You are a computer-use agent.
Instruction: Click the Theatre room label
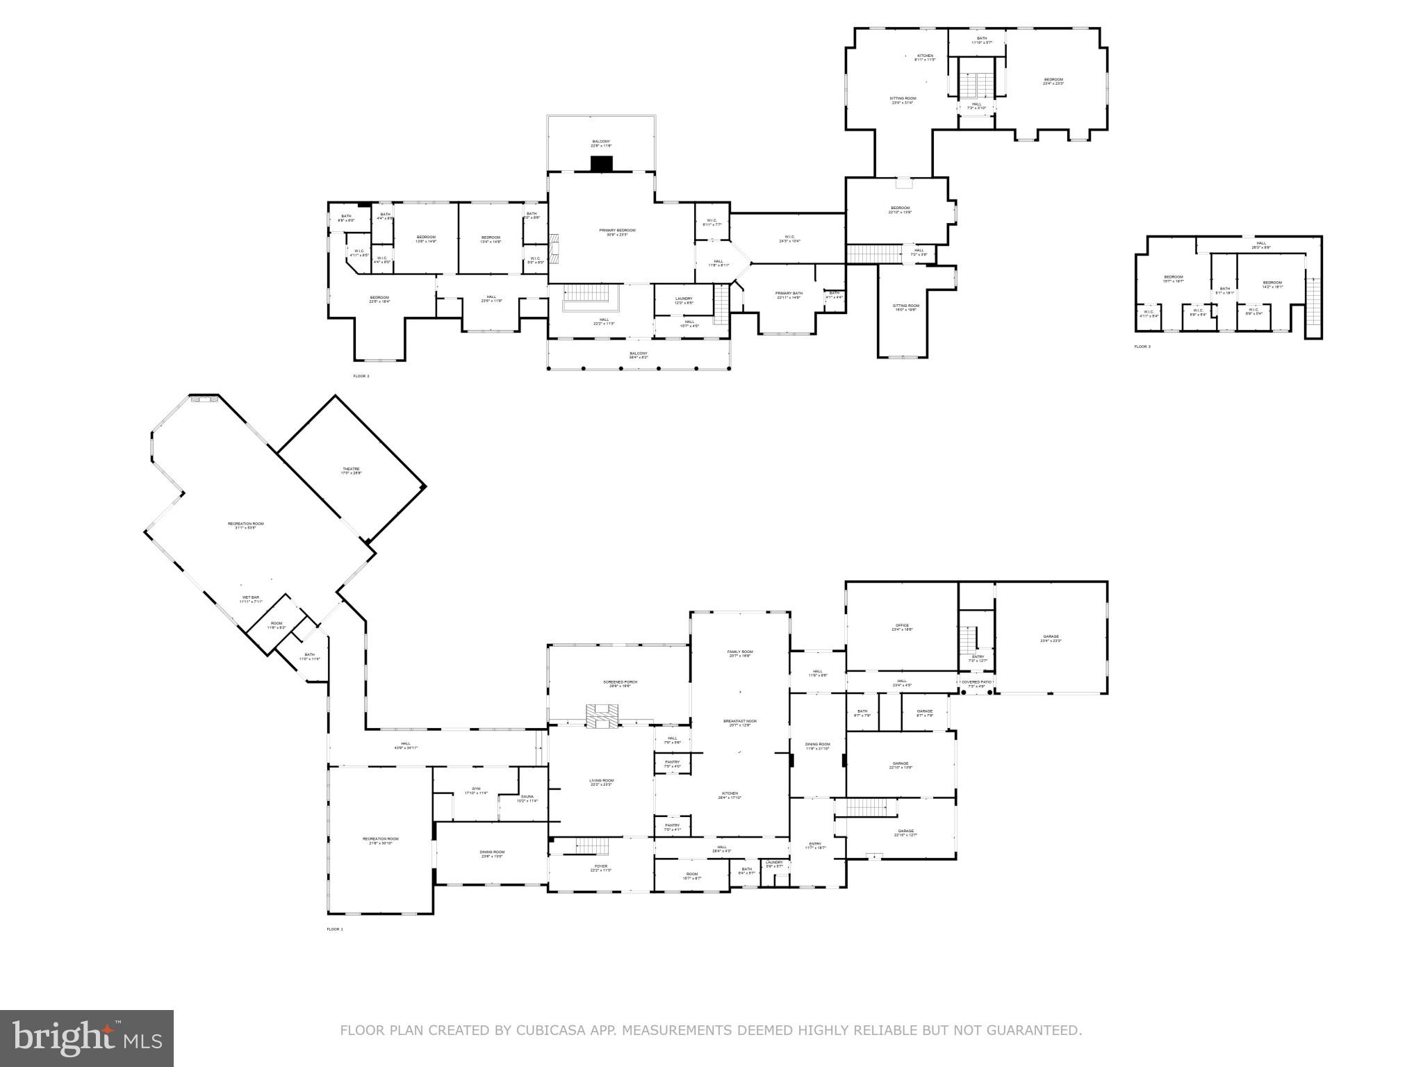pyautogui.click(x=351, y=470)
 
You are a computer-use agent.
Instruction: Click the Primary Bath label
pyautogui.click(x=789, y=295)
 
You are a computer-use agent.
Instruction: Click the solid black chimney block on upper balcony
pyautogui.click(x=602, y=164)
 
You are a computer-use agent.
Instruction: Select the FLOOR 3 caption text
pyautogui.click(x=1142, y=347)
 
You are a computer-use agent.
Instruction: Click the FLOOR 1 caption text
pyautogui.click(x=335, y=929)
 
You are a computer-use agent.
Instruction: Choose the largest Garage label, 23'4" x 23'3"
pyautogui.click(x=1051, y=638)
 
